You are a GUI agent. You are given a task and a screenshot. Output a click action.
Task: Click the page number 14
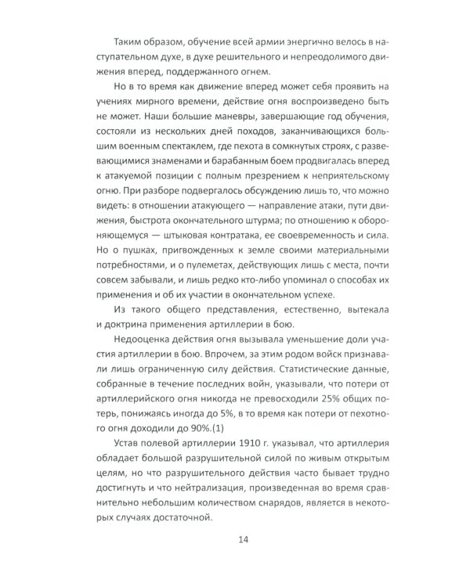[x=235, y=539]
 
